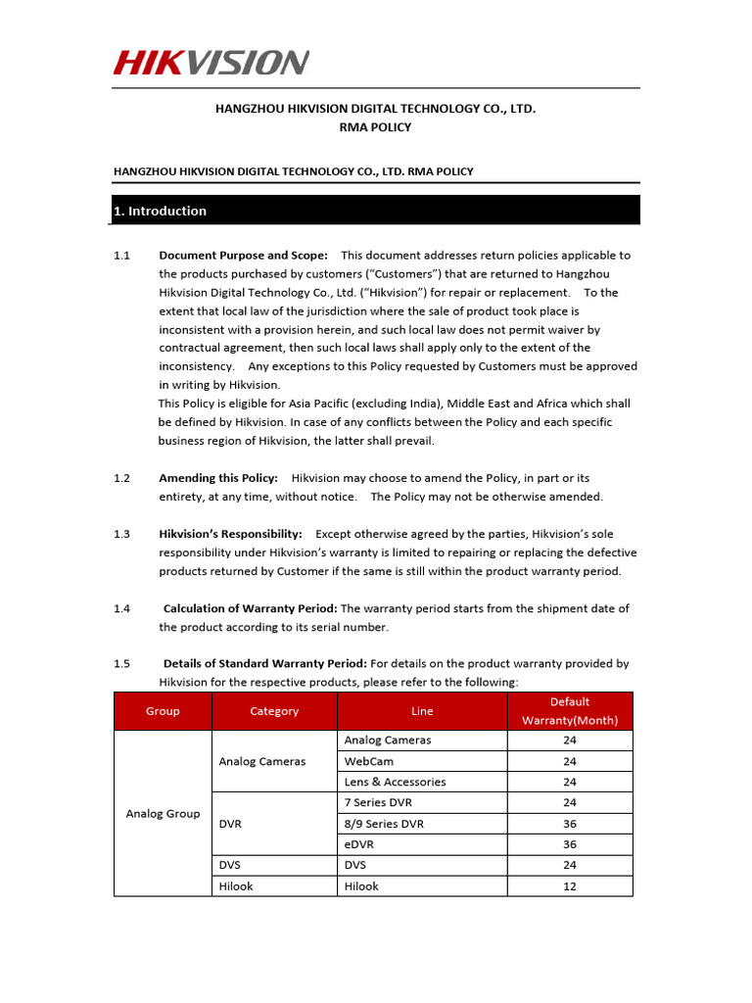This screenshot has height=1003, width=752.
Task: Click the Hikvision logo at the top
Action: pos(211,64)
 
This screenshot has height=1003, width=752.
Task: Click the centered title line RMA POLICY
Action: pos(376,127)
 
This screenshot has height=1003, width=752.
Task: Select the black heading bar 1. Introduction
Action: pos(376,211)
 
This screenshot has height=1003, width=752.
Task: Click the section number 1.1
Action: pos(121,256)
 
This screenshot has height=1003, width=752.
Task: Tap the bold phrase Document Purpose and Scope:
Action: pos(243,256)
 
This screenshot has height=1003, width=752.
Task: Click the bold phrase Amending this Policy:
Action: pos(218,478)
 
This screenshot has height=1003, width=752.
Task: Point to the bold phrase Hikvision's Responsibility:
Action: pos(230,534)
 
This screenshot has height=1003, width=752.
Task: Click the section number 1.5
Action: pos(121,664)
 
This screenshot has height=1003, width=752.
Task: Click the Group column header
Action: pos(163,711)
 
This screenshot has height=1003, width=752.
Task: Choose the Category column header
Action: pos(274,711)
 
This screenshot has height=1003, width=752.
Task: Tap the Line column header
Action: pos(422,711)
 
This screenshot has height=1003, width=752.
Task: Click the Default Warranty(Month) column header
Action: pos(570,711)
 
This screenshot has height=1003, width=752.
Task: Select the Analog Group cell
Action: pos(163,813)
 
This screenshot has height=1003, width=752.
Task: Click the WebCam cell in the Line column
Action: pos(364,761)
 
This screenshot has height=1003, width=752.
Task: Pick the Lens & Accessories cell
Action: pos(395,782)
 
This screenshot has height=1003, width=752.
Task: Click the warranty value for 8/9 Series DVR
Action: pos(570,824)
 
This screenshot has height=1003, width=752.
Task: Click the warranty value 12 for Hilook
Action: pos(570,886)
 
